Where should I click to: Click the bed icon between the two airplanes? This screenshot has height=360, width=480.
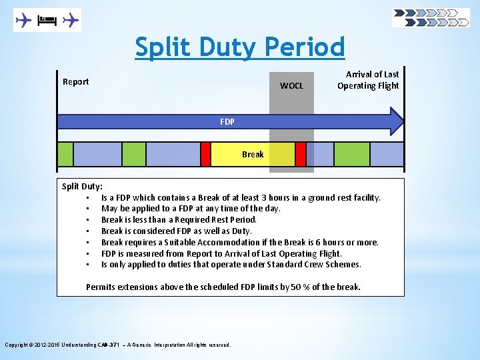tap(47, 21)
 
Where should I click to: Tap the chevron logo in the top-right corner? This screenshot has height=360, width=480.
tap(431, 17)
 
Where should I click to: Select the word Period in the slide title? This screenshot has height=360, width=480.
tap(305, 47)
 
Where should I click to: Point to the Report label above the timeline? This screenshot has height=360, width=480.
tap(75, 82)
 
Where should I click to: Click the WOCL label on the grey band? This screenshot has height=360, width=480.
tap(291, 85)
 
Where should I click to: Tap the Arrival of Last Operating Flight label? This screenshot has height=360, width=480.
tap(368, 80)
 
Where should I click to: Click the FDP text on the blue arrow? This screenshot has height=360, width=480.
tap(227, 122)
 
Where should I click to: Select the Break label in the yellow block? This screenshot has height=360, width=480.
tap(253, 154)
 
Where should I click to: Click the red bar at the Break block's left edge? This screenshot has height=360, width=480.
tap(205, 154)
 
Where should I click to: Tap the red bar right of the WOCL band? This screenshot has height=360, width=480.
tap(301, 154)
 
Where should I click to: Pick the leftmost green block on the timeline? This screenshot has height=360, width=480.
tap(65, 154)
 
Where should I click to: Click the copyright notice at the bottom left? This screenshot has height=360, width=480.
tap(118, 345)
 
